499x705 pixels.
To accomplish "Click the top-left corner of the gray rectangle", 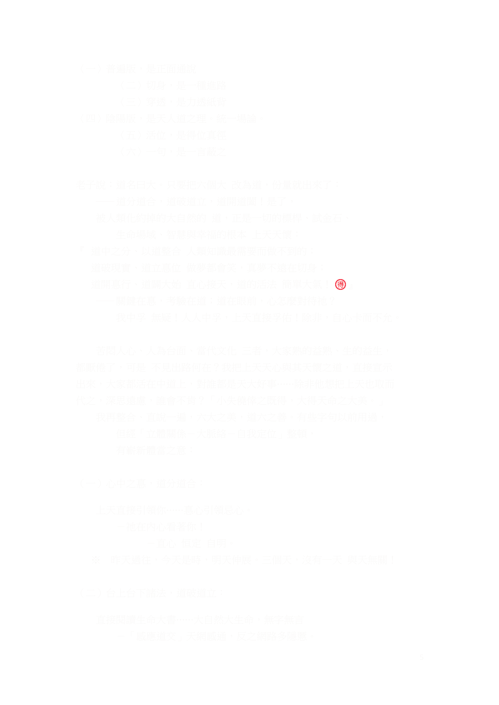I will click(x=76, y=64).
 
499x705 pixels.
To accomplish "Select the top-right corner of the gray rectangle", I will click(x=423, y=64).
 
